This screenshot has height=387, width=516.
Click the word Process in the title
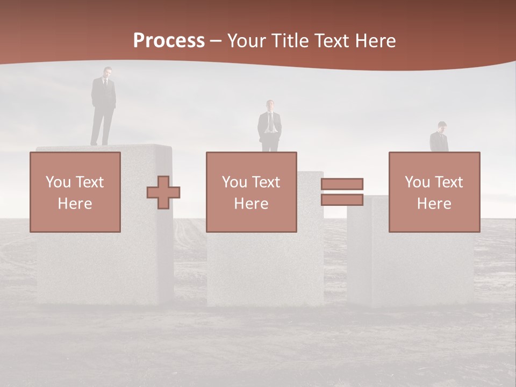point(169,41)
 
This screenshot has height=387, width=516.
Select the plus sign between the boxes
point(163,192)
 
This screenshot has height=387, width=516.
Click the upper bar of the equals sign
point(342,184)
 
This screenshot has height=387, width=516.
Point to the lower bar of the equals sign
point(342,200)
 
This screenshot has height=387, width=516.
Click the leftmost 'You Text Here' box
point(75,192)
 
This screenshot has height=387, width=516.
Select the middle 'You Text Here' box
point(252,192)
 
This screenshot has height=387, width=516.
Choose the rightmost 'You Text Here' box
point(434,192)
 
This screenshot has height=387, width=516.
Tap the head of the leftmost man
point(107,72)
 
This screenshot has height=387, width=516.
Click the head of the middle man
point(270,105)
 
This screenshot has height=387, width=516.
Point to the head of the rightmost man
point(441,126)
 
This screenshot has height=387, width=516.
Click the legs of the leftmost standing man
point(102,127)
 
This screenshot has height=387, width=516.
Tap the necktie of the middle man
point(270,121)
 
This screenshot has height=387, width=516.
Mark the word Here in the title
point(375,41)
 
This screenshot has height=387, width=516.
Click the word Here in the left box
point(75,204)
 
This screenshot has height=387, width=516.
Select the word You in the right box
point(417,182)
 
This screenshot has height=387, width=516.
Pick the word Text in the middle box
point(266,182)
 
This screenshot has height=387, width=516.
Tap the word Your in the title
point(247,41)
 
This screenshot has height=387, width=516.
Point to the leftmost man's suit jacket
point(103,94)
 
